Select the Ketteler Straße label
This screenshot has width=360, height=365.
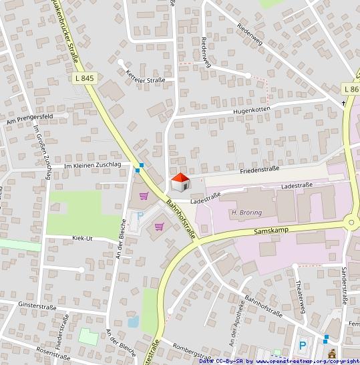(x=146, y=80)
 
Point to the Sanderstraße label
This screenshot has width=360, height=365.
(x=344, y=285)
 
